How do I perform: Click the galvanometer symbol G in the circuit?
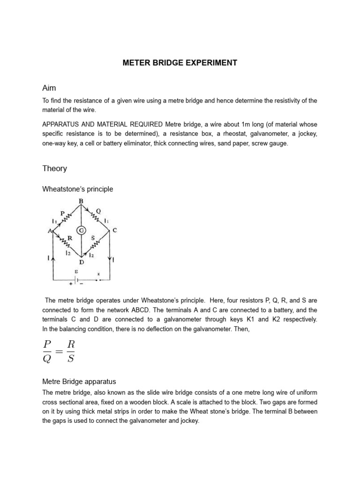coord(82,231)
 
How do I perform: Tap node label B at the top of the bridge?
coord(81,202)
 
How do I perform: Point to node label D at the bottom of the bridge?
coord(82,262)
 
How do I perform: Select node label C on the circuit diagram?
coord(115,230)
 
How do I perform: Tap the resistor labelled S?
coord(95,244)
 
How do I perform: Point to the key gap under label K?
coord(99,280)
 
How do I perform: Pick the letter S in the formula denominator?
coord(70,360)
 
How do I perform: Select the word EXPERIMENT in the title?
coord(210,62)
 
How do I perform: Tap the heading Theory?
coord(55,168)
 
